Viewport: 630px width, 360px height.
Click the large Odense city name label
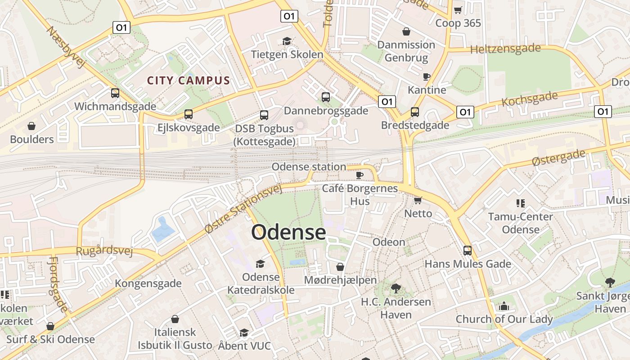pyautogui.click(x=288, y=232)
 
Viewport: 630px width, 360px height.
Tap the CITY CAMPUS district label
pyautogui.click(x=189, y=81)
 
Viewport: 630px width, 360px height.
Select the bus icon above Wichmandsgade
pyautogui.click(x=115, y=93)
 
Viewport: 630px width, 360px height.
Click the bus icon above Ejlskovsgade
pyautogui.click(x=189, y=114)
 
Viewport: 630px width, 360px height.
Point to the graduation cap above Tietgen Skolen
pyautogui.click(x=287, y=41)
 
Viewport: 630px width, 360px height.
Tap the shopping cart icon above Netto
pyautogui.click(x=418, y=200)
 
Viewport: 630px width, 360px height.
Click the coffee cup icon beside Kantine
pyautogui.click(x=427, y=76)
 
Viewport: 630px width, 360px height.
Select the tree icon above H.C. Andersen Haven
pyautogui.click(x=396, y=288)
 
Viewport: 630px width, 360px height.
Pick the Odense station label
pyautogui.click(x=309, y=166)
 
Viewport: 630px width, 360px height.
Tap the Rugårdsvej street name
pyautogui.click(x=104, y=251)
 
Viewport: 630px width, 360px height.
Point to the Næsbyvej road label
pyautogui.click(x=66, y=47)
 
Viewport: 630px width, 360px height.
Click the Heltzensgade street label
pyautogui.click(x=505, y=48)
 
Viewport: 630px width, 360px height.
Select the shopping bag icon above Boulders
pyautogui.click(x=31, y=126)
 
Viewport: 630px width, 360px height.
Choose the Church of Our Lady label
pyautogui.click(x=504, y=319)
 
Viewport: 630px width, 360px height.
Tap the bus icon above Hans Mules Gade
pyautogui.click(x=468, y=250)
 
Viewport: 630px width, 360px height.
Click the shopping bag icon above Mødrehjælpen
pyautogui.click(x=340, y=267)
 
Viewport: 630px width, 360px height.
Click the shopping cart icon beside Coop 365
pyautogui.click(x=458, y=10)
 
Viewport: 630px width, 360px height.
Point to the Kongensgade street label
pyautogui.click(x=148, y=283)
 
